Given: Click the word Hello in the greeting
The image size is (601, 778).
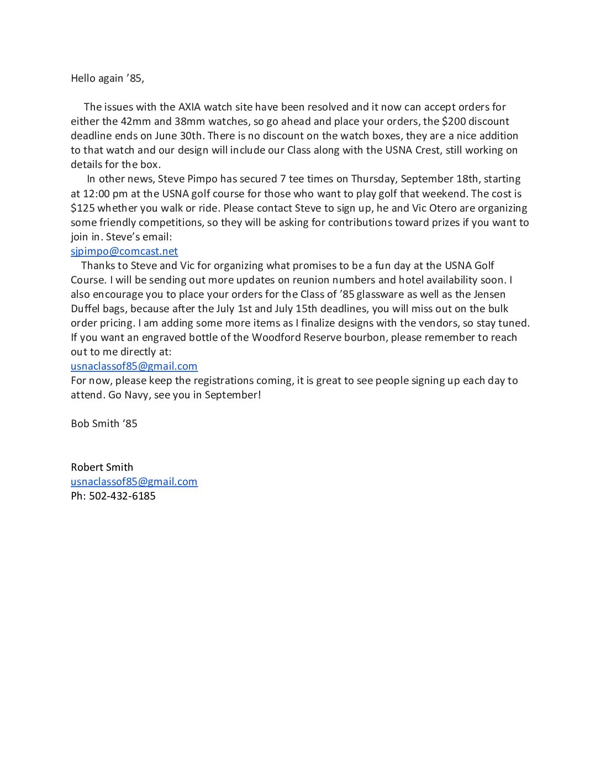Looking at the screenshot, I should click(83, 78).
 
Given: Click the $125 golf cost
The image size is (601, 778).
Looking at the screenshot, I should click(82, 208).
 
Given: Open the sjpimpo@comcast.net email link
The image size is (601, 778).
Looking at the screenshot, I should click(124, 251).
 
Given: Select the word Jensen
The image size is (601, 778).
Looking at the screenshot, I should click(489, 294).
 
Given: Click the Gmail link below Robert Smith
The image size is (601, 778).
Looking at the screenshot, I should click(134, 481).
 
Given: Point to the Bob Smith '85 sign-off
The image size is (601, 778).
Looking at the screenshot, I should click(104, 423).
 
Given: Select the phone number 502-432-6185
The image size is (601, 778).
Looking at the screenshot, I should click(122, 496).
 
